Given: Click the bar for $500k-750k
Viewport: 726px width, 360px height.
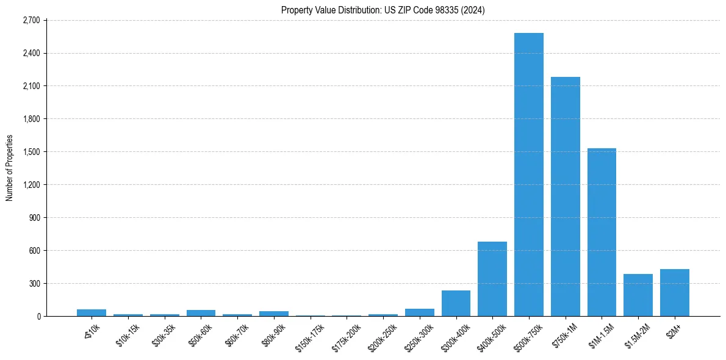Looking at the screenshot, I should (x=528, y=175).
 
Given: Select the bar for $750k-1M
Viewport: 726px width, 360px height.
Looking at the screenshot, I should (x=565, y=196).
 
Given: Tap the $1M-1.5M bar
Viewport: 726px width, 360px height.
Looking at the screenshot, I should (x=602, y=232).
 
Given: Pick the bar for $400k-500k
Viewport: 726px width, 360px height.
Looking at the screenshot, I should (x=492, y=279).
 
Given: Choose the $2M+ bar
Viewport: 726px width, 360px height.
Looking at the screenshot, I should (x=674, y=292).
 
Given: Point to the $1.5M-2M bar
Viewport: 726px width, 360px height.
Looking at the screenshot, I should (x=638, y=295).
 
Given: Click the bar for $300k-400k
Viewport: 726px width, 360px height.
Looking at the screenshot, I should (x=456, y=303).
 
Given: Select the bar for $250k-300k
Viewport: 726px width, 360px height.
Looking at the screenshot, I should (x=419, y=312).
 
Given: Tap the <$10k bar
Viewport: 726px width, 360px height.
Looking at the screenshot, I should (x=92, y=312).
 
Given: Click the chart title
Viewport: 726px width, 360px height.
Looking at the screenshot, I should (x=383, y=10).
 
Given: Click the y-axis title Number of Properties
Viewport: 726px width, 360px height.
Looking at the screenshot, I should (x=9, y=168).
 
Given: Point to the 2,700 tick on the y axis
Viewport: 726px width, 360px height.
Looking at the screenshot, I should (x=31, y=20).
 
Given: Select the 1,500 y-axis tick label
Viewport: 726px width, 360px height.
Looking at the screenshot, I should (x=31, y=152).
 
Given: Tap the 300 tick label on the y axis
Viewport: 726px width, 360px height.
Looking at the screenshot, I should (x=34, y=284).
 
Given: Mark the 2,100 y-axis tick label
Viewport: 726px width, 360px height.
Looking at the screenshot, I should (x=31, y=86).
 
